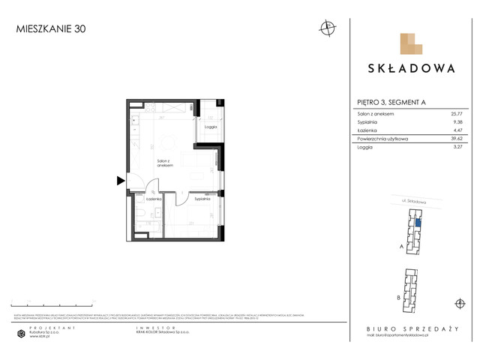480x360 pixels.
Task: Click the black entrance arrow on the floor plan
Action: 120,180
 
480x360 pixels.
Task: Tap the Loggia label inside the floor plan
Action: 210,127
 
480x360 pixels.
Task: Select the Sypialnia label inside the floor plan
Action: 202,199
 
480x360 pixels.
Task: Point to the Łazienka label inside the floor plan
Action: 154,199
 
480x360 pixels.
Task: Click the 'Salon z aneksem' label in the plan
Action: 166,163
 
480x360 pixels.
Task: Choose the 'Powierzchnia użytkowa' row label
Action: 382,139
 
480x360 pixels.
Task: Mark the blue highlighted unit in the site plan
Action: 418,221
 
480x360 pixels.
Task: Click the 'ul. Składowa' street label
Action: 412,202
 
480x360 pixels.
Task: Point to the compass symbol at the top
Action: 326,28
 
